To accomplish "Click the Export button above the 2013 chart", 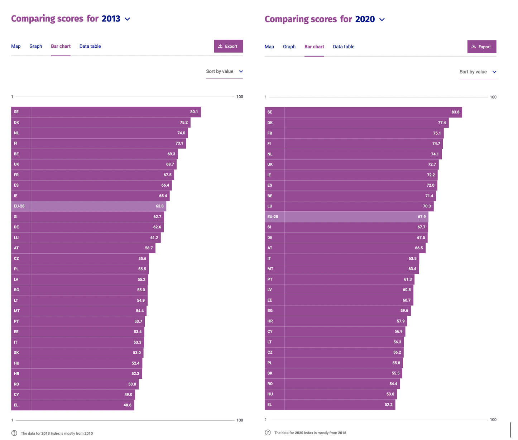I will click(228, 46).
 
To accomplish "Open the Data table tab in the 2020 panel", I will click(343, 47).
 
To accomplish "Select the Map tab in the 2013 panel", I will click(16, 46).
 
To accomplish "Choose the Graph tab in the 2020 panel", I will click(289, 47).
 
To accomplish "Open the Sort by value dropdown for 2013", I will click(224, 71).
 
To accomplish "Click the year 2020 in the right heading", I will click(365, 19).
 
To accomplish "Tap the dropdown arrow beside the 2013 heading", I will click(128, 19).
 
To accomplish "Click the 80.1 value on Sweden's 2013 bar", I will click(194, 112).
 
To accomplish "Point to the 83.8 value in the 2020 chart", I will click(455, 112).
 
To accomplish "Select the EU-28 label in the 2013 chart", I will click(19, 206).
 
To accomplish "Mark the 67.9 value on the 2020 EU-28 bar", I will click(422, 217).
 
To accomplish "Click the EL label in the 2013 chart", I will click(16, 405).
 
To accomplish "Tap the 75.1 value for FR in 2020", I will click(437, 133).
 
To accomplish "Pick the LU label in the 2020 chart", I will click(270, 206).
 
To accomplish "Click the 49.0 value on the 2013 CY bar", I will click(128, 394).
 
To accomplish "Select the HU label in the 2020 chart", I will click(270, 394).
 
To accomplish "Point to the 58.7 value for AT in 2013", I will click(149, 248).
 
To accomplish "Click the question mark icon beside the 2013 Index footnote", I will click(14, 433).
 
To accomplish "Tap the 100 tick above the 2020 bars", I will click(493, 97).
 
